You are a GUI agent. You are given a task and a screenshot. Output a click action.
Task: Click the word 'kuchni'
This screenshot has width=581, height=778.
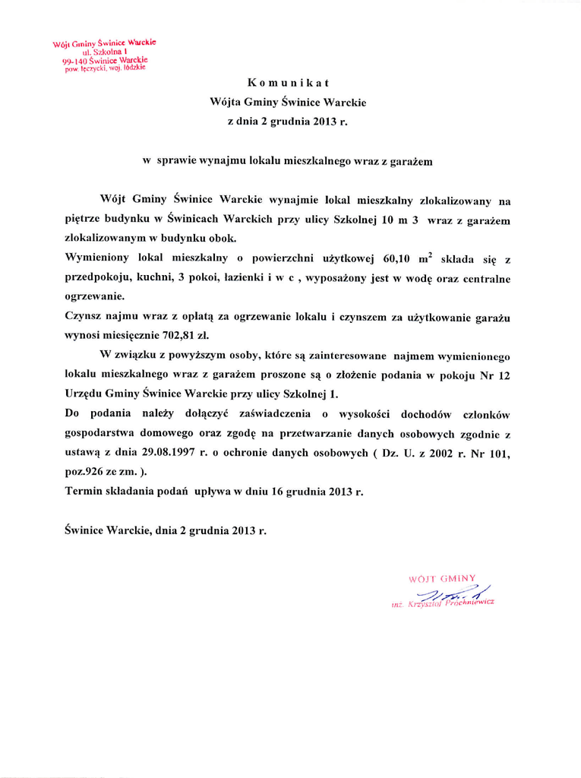[x=154, y=277]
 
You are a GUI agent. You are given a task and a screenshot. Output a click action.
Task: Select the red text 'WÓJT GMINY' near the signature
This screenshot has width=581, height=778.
[x=441, y=578]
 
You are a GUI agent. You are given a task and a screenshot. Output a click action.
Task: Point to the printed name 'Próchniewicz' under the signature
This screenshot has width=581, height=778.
[x=470, y=603]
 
